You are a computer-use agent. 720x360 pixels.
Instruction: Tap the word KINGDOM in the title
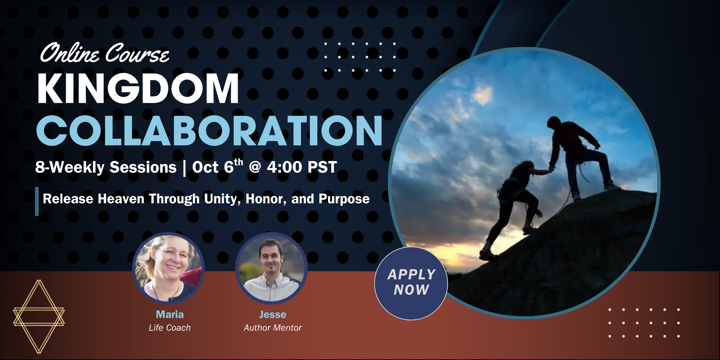(138, 89)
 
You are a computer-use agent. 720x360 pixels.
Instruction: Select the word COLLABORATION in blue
(209, 131)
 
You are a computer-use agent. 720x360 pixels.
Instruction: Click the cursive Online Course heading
(104, 53)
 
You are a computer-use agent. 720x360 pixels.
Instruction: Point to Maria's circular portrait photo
(168, 268)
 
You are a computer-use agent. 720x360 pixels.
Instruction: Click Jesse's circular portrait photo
(271, 268)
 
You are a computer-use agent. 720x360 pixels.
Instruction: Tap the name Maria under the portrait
(170, 314)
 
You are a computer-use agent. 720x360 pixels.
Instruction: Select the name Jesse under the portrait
(273, 314)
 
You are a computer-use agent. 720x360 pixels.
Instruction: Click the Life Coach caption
(170, 328)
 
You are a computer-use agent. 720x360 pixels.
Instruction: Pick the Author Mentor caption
(273, 328)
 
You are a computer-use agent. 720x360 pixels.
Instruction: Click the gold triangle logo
(39, 316)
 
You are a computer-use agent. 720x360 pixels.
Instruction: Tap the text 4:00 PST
(302, 167)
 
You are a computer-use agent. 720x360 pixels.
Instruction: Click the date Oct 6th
(218, 166)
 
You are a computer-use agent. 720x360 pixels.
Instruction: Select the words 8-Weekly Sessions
(106, 167)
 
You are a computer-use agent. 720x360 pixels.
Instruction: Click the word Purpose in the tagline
(344, 199)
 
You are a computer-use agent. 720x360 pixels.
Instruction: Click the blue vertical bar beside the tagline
(37, 201)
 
